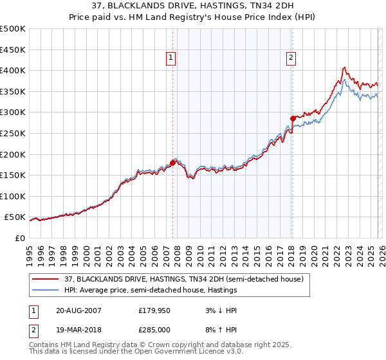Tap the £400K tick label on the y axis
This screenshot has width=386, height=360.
click(x=13, y=70)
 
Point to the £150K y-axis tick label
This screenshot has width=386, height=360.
click(x=13, y=175)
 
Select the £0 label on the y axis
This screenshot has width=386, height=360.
click(x=19, y=238)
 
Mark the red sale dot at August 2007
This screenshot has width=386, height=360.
click(x=172, y=163)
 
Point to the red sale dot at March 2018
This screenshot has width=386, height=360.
click(x=292, y=118)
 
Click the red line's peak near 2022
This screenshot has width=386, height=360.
click(x=345, y=67)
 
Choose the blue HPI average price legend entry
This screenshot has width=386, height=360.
click(x=151, y=290)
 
